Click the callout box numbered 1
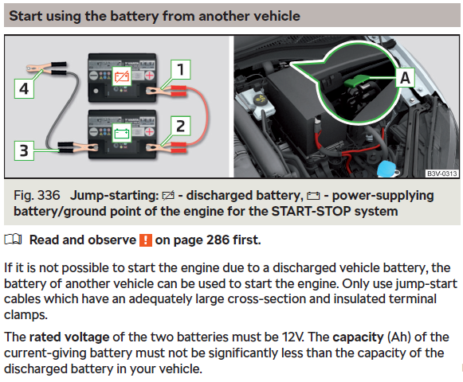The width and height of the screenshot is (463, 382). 181,69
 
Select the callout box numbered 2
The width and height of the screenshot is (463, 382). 181,126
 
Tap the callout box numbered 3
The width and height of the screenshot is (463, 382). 24,150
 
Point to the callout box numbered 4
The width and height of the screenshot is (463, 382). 24,88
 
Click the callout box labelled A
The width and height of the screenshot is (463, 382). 405,78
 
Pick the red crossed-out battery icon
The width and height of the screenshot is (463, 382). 122,76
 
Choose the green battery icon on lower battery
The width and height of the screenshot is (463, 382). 122,134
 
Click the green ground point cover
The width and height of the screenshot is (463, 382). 355,80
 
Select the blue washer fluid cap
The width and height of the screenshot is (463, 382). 386,169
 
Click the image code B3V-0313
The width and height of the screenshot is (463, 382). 442,173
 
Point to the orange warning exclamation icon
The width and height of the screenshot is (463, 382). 146,240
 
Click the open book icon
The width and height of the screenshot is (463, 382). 13,240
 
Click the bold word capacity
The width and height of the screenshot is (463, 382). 358,337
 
